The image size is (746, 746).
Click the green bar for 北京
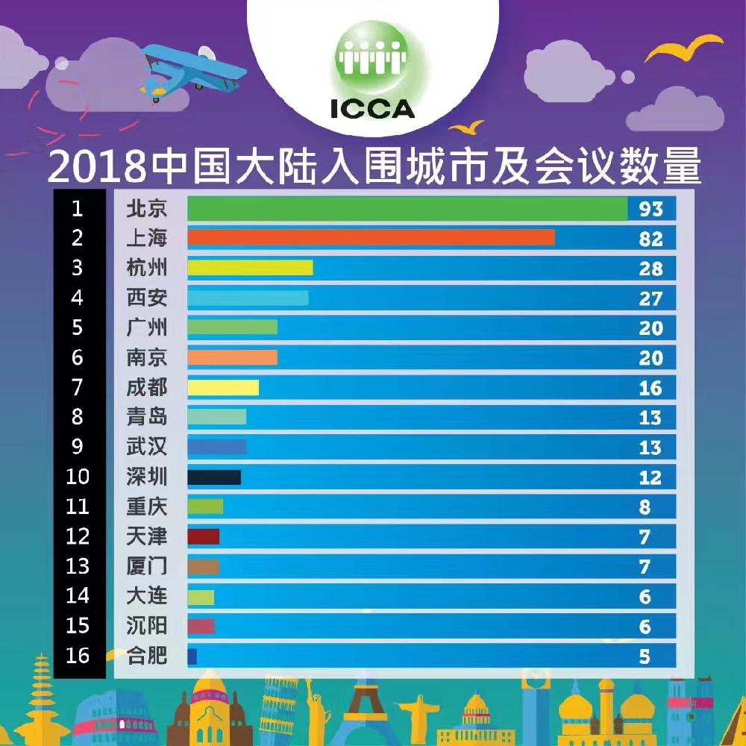pyautogui.click(x=407, y=209)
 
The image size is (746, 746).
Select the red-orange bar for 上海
pyautogui.click(x=371, y=238)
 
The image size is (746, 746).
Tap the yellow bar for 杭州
pyautogui.click(x=250, y=268)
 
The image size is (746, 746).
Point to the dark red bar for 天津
pyautogui.click(x=204, y=536)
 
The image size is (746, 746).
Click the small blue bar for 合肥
pyautogui.click(x=192, y=656)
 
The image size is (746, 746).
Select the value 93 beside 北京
pyautogui.click(x=651, y=209)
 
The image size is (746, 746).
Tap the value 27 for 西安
pyautogui.click(x=651, y=298)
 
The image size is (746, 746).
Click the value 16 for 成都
pyautogui.click(x=651, y=388)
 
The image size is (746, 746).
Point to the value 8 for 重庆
pyautogui.click(x=645, y=507)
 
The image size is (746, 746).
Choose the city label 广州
pyautogui.click(x=147, y=327)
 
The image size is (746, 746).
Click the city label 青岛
pyautogui.click(x=147, y=417)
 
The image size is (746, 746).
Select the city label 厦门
pyautogui.click(x=147, y=566)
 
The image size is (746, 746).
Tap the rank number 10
pyautogui.click(x=78, y=477)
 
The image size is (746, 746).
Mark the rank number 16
pyautogui.click(x=78, y=656)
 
